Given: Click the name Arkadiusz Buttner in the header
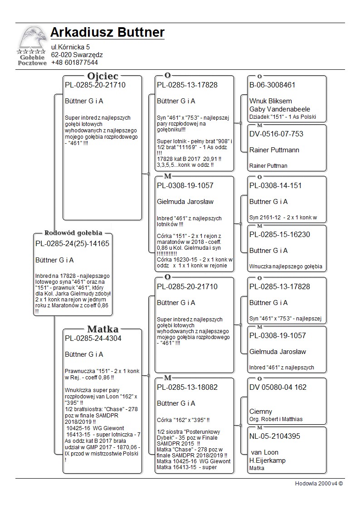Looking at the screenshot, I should (x=107, y=33).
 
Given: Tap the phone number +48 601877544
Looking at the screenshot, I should (x=74, y=63).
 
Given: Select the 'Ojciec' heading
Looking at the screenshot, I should (x=103, y=76).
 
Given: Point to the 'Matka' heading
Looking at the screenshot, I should (x=103, y=329).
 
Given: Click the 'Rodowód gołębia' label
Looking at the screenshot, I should (x=73, y=233).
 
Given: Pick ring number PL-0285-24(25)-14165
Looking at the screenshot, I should (x=72, y=244).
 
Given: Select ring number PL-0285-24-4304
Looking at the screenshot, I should (x=93, y=338).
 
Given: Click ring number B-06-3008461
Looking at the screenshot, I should (x=272, y=85).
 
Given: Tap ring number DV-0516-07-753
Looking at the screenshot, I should (x=276, y=134).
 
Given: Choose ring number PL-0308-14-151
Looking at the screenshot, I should (x=275, y=185).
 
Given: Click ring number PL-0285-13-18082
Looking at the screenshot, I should (x=187, y=387).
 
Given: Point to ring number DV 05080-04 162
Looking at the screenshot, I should (x=278, y=387).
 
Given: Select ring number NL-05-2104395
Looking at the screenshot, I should (x=274, y=436).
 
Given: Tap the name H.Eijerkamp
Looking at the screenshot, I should (x=268, y=461).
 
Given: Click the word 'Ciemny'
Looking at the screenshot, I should (x=261, y=412).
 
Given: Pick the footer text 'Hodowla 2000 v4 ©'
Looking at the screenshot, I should (x=319, y=483).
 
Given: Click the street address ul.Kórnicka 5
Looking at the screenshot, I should (x=70, y=47).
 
